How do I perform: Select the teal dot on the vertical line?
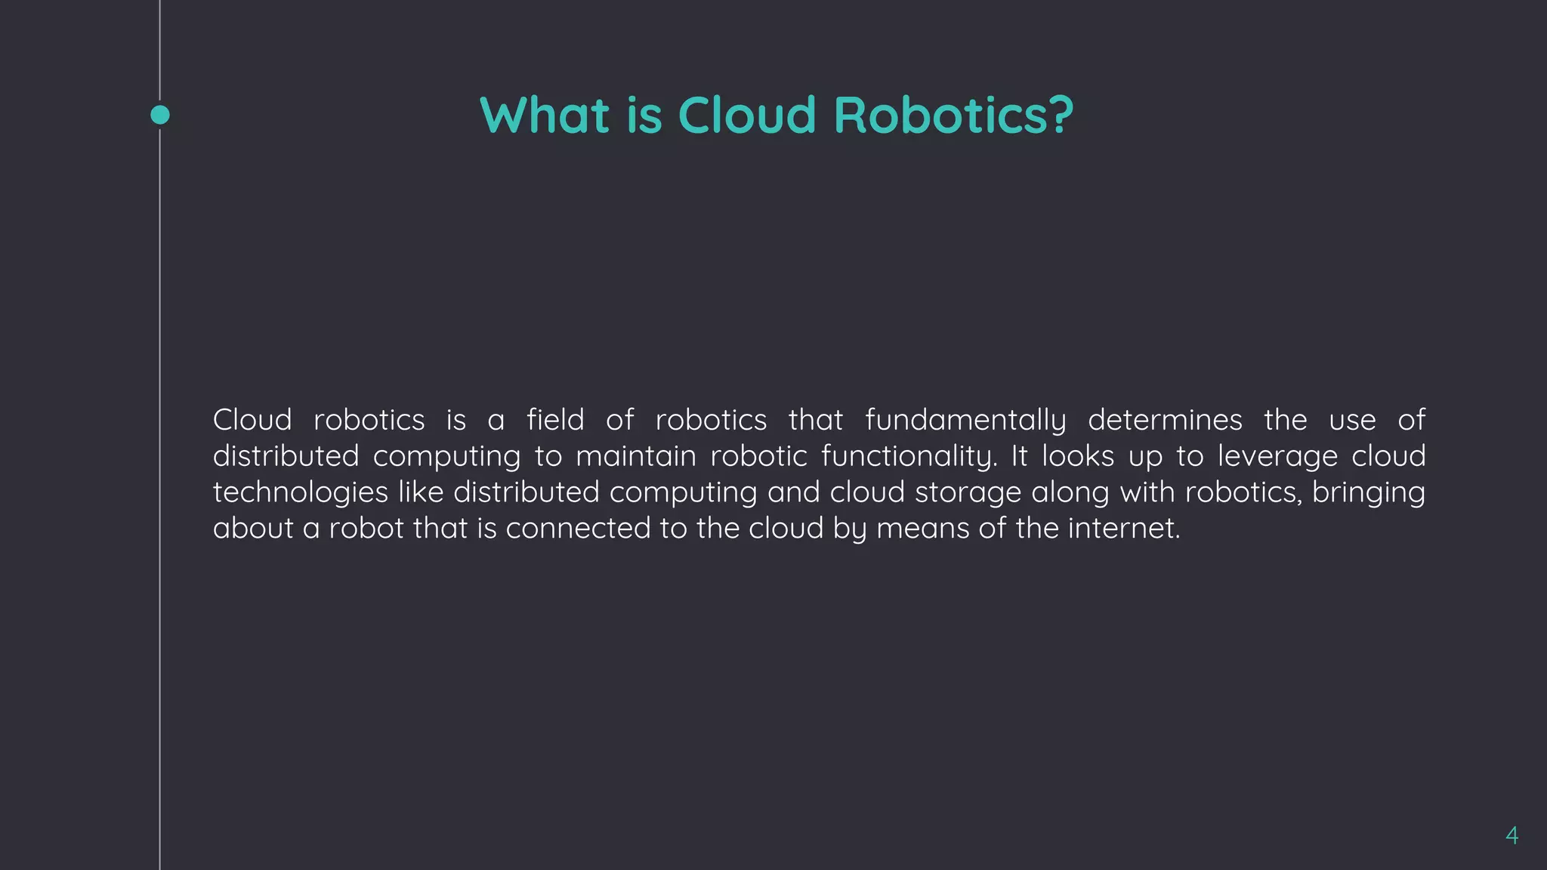pyautogui.click(x=160, y=115)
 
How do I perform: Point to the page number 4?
pyautogui.click(x=1511, y=835)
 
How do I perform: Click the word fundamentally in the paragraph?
pyautogui.click(x=965, y=421)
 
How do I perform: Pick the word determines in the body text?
pyautogui.click(x=1165, y=420)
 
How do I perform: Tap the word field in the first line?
pyautogui.click(x=555, y=420)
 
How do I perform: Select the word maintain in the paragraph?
pyautogui.click(x=636, y=456)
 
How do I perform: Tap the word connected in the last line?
pyautogui.click(x=578, y=529)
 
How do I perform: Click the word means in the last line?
pyautogui.click(x=922, y=529)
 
